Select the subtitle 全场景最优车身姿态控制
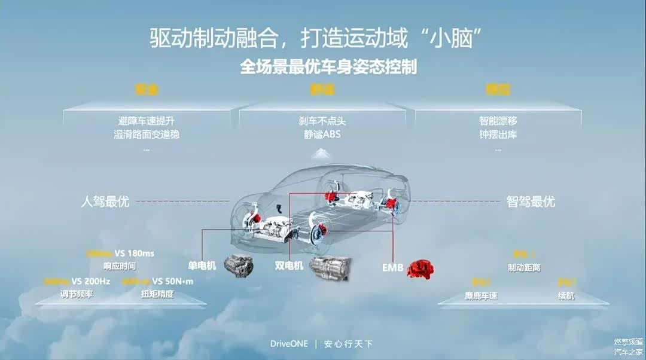[x=328, y=66]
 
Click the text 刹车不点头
[x=322, y=121]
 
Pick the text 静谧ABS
[x=322, y=134]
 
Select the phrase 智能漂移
[x=498, y=121]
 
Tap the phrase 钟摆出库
[x=498, y=134]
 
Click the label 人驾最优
[x=105, y=201]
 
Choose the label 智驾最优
[x=531, y=201]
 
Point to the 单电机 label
[x=201, y=264]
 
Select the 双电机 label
[x=289, y=264]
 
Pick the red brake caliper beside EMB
[x=420, y=269]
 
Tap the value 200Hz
[x=97, y=281]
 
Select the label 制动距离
[x=524, y=268]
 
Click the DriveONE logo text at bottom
[x=289, y=344]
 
